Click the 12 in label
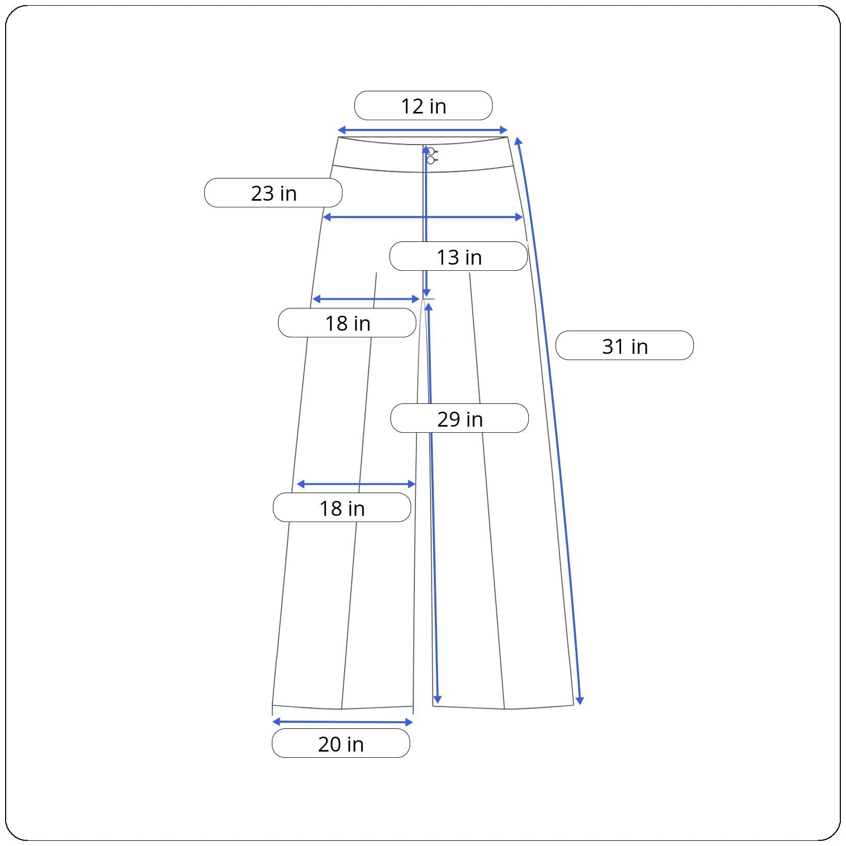423,106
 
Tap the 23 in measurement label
273,193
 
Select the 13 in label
459,256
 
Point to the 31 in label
625,346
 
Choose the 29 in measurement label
460,418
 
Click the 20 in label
341,743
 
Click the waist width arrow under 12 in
422,131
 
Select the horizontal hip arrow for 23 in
423,217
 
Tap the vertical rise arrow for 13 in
426,222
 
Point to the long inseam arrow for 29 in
432,503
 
